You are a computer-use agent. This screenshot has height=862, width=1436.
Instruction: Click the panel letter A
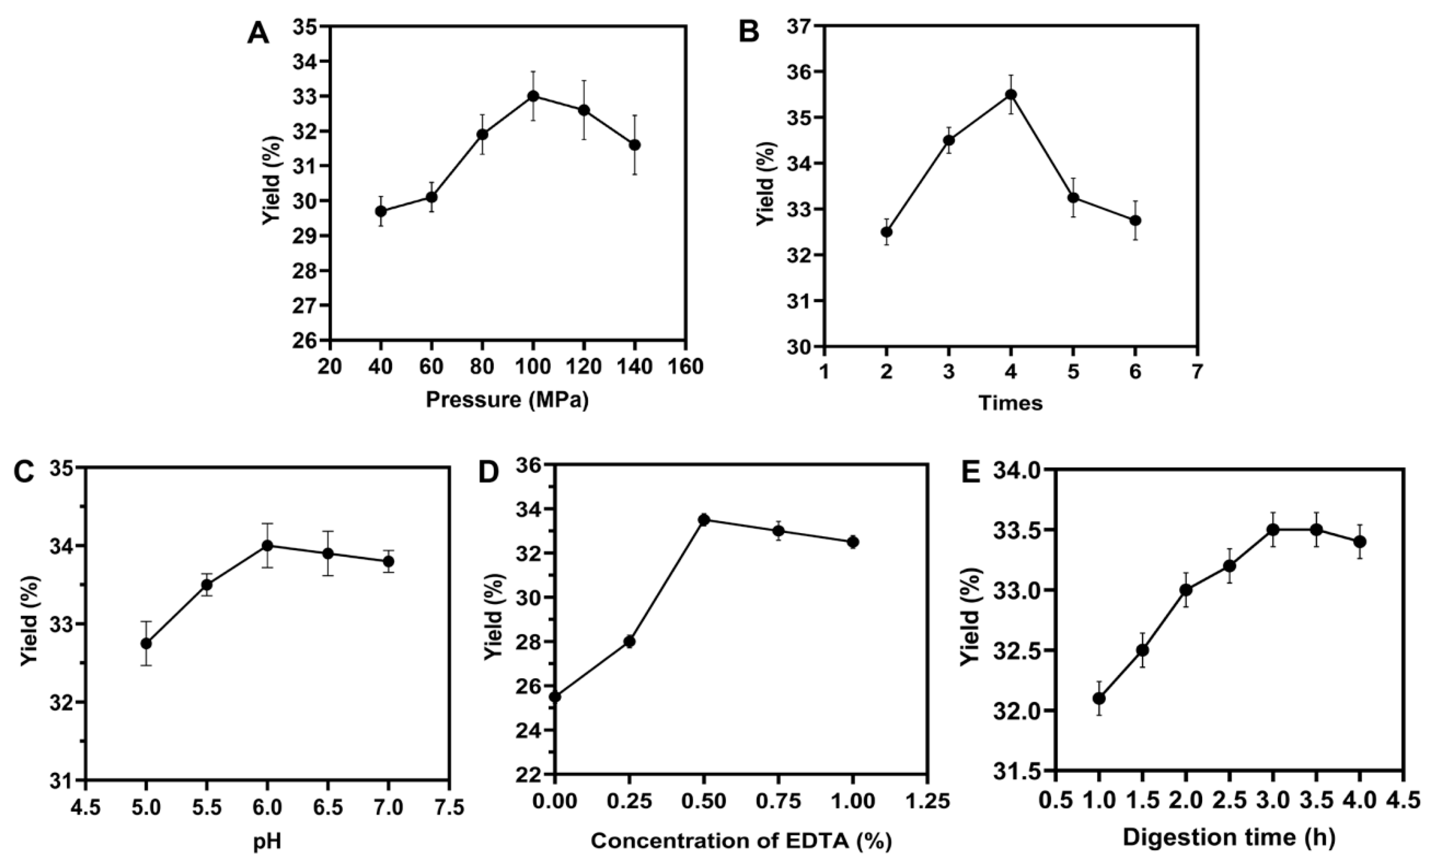(258, 33)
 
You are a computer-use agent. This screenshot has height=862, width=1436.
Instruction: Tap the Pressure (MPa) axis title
(507, 400)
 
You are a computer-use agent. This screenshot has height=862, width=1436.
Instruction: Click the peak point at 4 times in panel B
(1011, 95)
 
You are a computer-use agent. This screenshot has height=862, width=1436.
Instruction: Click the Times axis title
(1011, 402)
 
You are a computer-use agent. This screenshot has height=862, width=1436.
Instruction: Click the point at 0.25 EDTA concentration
(629, 642)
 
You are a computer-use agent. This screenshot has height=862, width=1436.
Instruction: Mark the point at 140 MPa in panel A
(635, 145)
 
